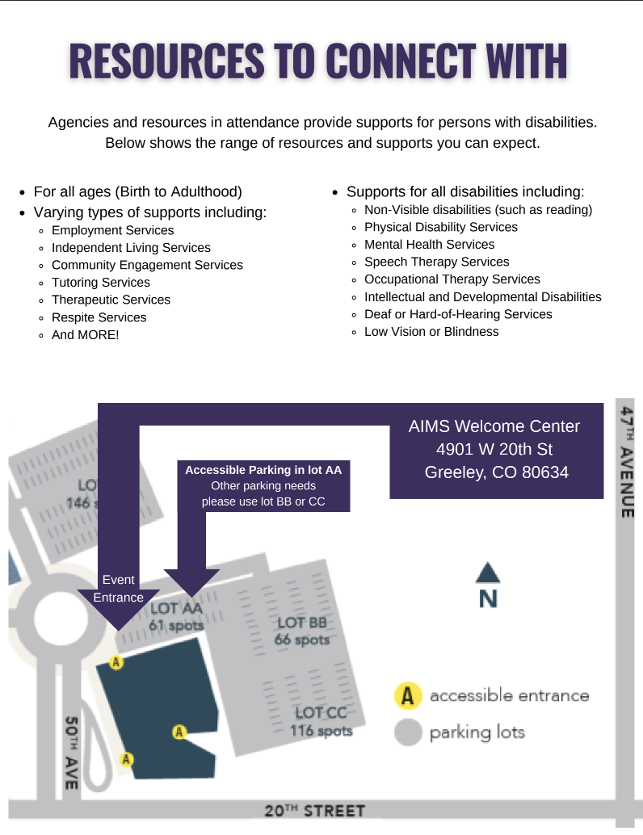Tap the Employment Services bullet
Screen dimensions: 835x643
[112, 230]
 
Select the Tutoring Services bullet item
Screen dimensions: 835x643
[100, 283]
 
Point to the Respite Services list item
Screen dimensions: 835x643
[99, 317]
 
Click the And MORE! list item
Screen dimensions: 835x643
[85, 334]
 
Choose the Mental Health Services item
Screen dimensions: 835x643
[429, 245]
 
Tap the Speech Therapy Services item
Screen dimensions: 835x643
[436, 262]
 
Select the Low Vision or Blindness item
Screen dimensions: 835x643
[431, 332]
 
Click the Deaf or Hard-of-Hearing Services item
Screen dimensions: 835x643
[458, 314]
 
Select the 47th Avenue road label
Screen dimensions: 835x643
[627, 464]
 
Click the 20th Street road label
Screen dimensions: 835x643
[315, 811]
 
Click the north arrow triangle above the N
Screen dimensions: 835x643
[488, 573]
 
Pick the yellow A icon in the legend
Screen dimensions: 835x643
[409, 695]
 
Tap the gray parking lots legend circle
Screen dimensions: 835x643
[409, 732]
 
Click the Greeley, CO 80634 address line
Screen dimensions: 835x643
[497, 472]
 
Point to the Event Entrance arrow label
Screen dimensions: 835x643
[118, 590]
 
